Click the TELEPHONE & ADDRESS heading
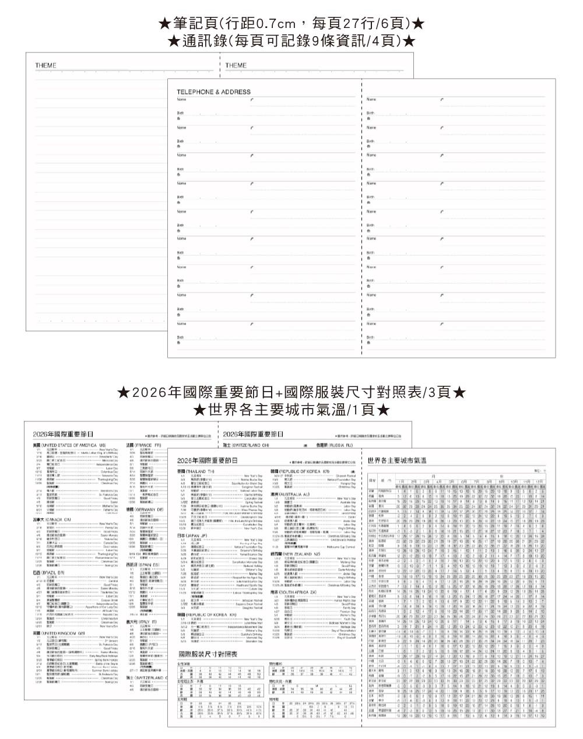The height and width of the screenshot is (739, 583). [213, 92]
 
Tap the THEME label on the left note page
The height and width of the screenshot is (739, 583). [45, 66]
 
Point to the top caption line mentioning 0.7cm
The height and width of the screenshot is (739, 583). [291, 24]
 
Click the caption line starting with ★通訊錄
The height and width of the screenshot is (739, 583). [291, 41]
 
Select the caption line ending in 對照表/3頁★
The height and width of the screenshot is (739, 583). [291, 392]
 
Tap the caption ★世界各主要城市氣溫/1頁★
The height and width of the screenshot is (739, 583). [291, 410]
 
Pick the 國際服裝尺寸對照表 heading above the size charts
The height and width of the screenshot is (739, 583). [208, 654]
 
